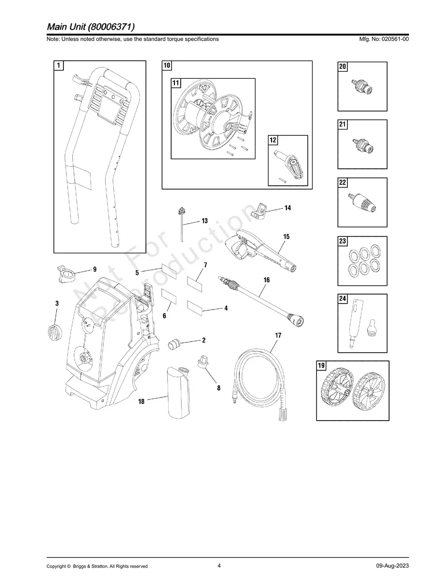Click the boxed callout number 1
coord(59,65)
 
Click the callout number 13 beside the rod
coord(204,221)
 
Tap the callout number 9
coord(95,269)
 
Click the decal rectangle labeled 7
coord(197,283)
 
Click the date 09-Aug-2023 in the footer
coord(392,566)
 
